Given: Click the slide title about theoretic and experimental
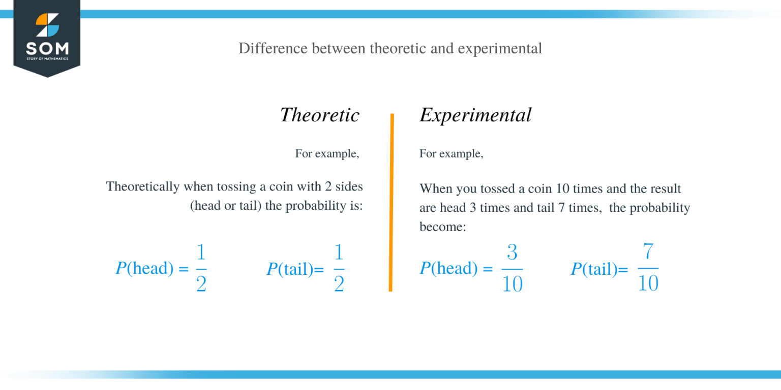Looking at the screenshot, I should (x=390, y=48).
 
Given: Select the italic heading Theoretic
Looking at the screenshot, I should (x=319, y=115).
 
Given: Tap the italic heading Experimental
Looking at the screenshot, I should (x=475, y=115).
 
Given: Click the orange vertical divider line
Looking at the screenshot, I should (x=391, y=203).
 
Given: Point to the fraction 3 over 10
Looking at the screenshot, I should (x=512, y=269).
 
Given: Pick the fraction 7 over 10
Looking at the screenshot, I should (x=648, y=269).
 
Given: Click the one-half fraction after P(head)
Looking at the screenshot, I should (x=201, y=269).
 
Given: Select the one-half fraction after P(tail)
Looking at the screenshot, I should (x=339, y=269).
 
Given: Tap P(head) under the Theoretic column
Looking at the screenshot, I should (x=145, y=268).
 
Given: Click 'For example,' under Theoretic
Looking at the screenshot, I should (x=327, y=153).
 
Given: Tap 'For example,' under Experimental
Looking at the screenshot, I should (x=451, y=153).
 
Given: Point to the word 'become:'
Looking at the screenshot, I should (x=442, y=227).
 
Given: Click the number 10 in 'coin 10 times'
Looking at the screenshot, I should (x=563, y=189).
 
